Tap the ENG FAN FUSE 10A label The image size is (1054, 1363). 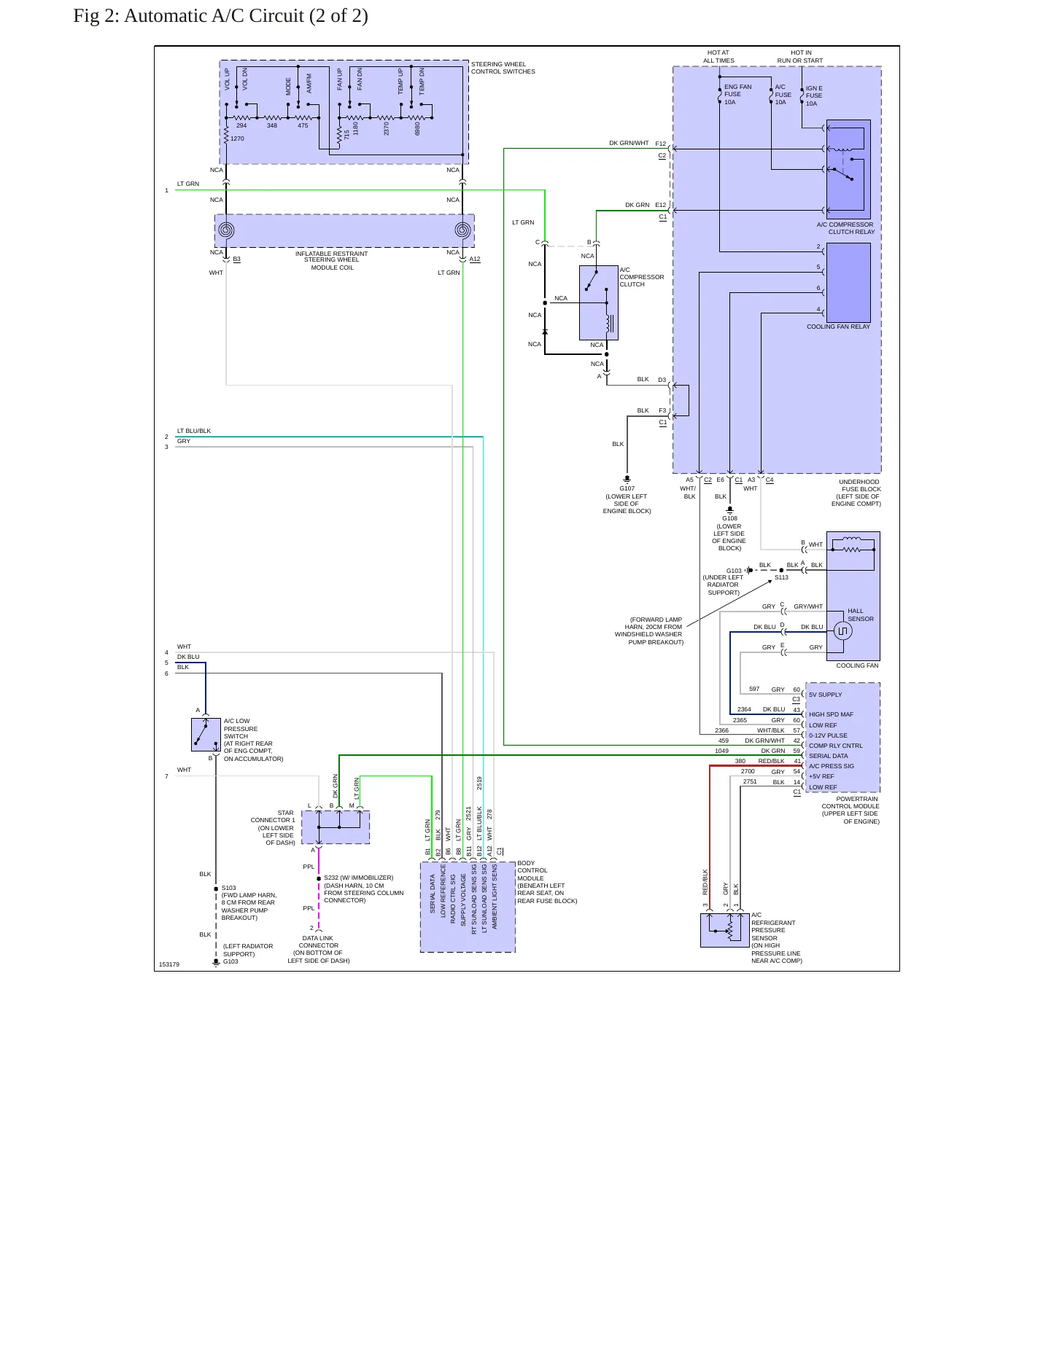737,95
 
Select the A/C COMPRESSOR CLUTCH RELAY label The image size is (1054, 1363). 845,228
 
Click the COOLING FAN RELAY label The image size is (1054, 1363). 838,327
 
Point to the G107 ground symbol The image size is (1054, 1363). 627,480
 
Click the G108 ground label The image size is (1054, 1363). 729,518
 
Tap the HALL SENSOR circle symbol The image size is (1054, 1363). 842,630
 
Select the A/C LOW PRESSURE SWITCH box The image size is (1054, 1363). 206,735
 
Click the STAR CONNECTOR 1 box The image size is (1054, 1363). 336,827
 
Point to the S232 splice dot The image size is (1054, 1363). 319,879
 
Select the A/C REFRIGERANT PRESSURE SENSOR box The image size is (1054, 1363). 725,930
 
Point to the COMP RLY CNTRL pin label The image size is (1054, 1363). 835,746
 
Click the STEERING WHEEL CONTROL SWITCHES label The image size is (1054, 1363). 503,68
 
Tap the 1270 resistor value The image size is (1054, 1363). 237,138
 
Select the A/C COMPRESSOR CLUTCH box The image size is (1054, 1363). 599,302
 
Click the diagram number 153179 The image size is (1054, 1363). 168,964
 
